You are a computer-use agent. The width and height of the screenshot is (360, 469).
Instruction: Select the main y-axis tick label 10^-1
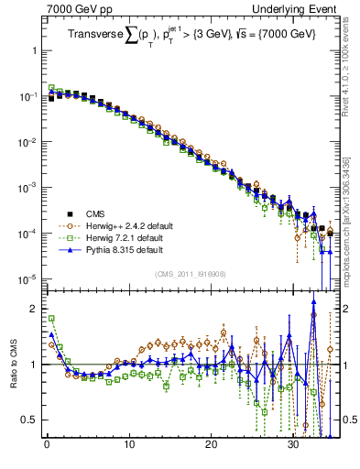28,96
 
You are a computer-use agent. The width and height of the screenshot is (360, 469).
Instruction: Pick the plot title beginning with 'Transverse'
191,38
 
